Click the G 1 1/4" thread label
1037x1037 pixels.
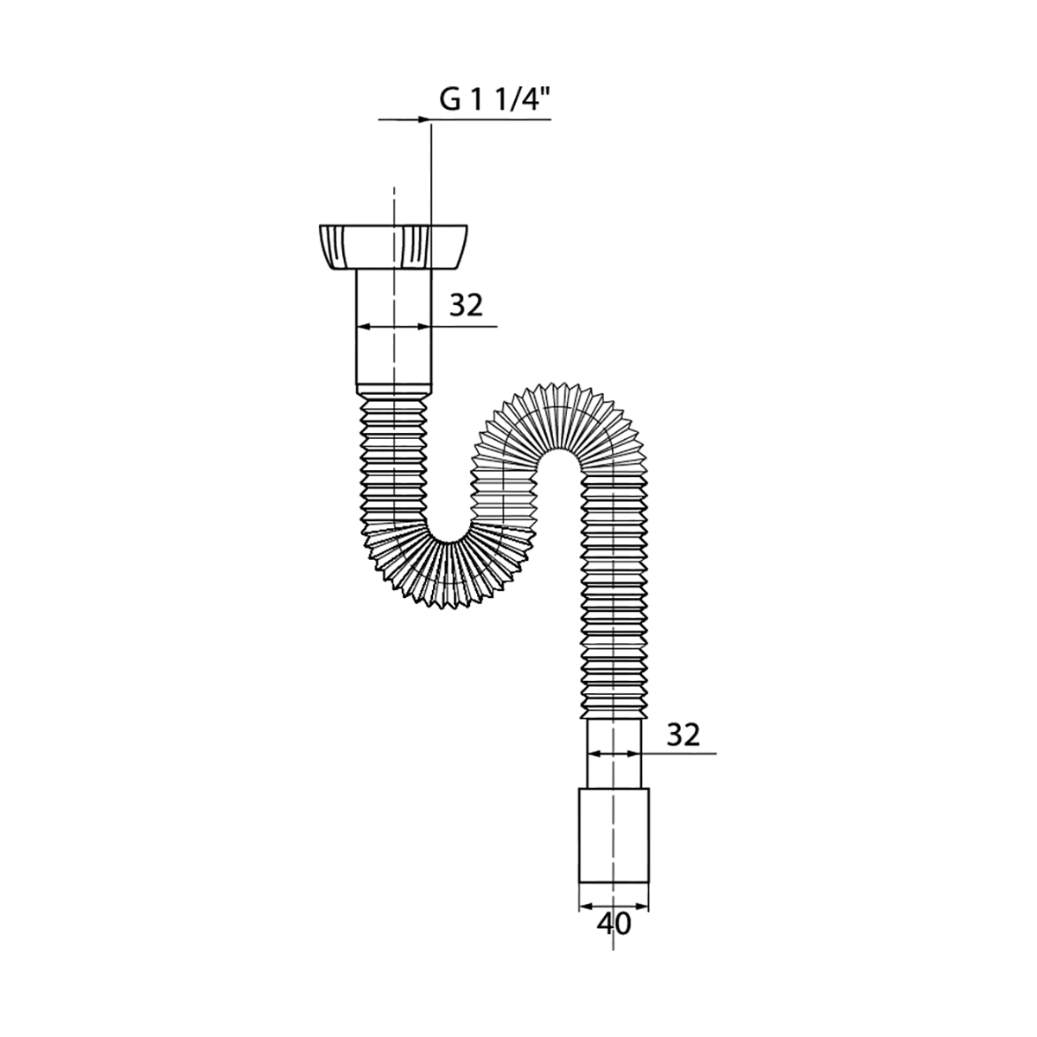coord(495,99)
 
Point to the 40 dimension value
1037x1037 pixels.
coord(614,924)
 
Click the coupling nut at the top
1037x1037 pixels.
coord(393,246)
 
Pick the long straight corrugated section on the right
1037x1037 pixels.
coord(614,605)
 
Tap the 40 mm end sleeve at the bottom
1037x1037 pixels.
coord(614,834)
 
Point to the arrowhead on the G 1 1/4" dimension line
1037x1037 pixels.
coord(423,120)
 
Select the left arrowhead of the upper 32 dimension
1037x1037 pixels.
coord(363,327)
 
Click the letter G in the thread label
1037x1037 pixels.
coord(450,99)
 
